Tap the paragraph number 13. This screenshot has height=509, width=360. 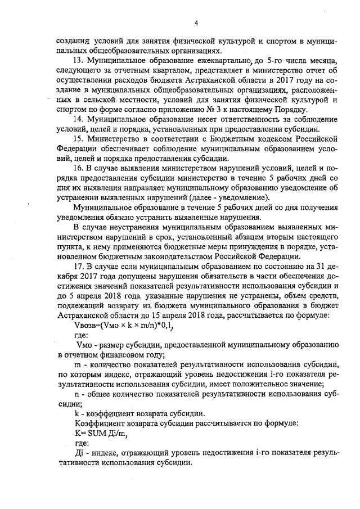click(79, 60)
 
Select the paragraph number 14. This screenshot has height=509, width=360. click(79, 119)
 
